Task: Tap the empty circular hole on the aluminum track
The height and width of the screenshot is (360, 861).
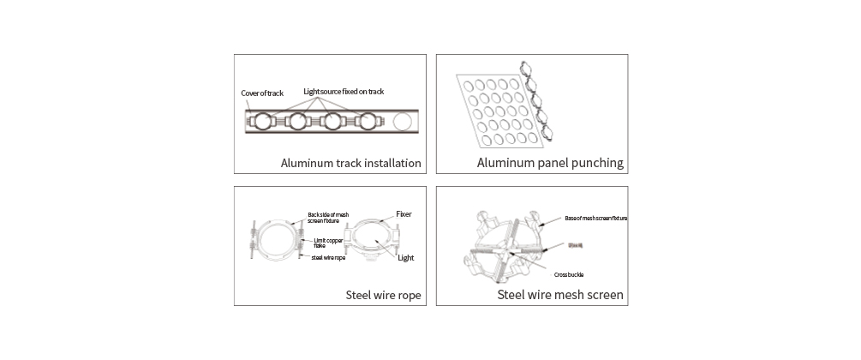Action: [x=402, y=123]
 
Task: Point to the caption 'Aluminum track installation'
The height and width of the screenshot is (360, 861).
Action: [x=350, y=163]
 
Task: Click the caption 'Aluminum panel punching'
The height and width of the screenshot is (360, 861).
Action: [x=549, y=163]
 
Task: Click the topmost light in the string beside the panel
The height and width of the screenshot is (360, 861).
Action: [x=526, y=71]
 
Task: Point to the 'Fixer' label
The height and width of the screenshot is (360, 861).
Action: [x=404, y=213]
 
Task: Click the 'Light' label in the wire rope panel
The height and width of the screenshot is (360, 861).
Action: [x=406, y=257]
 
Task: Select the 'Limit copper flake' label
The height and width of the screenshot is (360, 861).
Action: [x=328, y=243]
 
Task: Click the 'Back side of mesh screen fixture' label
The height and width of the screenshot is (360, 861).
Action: [x=328, y=218]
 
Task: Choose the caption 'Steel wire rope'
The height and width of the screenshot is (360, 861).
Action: [x=382, y=296]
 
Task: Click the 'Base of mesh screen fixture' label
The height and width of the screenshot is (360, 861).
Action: [x=596, y=219]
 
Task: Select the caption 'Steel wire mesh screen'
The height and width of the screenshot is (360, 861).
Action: [x=560, y=296]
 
